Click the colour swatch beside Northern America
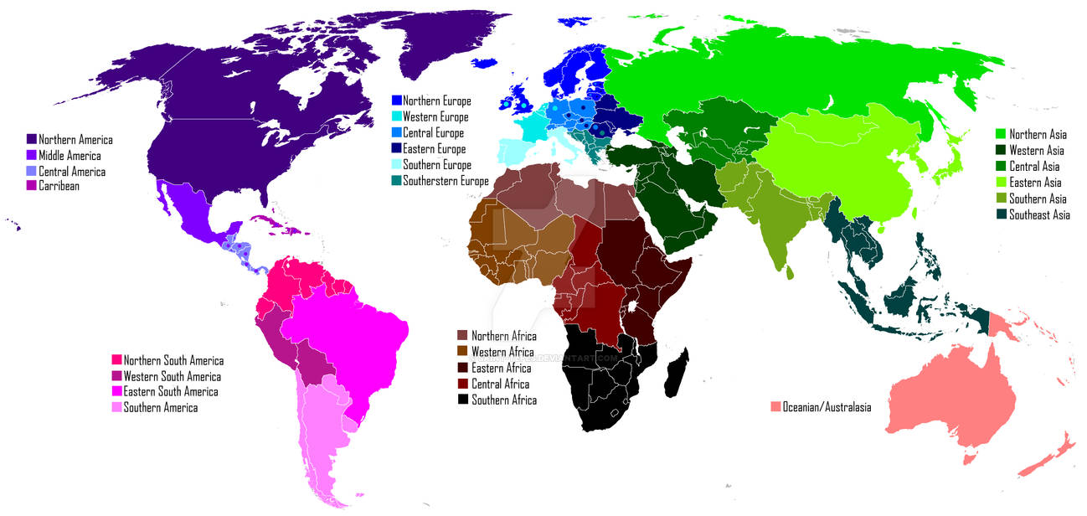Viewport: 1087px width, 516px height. (x=32, y=140)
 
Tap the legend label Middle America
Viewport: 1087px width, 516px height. (x=70, y=156)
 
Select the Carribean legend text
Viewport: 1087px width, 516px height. (x=59, y=186)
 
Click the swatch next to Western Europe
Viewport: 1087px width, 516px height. (x=396, y=117)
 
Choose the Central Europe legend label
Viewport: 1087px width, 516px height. (x=433, y=133)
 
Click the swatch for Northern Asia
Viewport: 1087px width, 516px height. (x=1000, y=134)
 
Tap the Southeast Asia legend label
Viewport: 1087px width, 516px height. (x=1039, y=215)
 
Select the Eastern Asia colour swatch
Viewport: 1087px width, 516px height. (x=1000, y=183)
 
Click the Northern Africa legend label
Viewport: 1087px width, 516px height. (x=503, y=336)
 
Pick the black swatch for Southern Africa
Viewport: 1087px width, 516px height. (x=461, y=400)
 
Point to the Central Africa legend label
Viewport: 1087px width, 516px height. (x=500, y=384)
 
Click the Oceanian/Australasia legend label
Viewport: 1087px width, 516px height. (x=827, y=408)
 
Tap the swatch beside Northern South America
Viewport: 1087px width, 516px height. (x=116, y=361)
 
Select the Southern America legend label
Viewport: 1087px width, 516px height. (x=160, y=408)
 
